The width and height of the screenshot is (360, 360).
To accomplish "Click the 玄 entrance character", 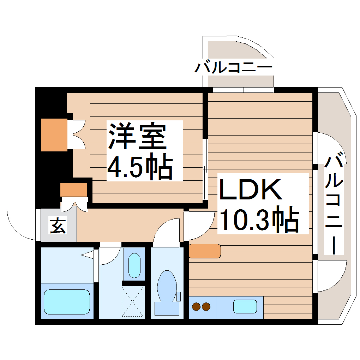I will coord(58,226).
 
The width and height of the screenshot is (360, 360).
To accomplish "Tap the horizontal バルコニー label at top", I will coord(233,67).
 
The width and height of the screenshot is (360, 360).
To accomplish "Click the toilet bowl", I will coord(167,286).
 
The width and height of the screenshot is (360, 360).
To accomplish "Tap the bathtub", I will coord(67,302).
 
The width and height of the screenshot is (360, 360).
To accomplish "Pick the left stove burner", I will coord(196,306).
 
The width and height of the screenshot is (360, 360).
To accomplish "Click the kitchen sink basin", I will coord(245,306).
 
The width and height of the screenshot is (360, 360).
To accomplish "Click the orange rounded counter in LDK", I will coord(205,251).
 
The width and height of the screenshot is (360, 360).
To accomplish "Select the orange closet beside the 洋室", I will coord(54,135).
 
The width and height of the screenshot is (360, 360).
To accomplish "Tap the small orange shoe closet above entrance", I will coord(73,190).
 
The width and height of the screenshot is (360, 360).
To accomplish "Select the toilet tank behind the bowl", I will coord(167,308).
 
